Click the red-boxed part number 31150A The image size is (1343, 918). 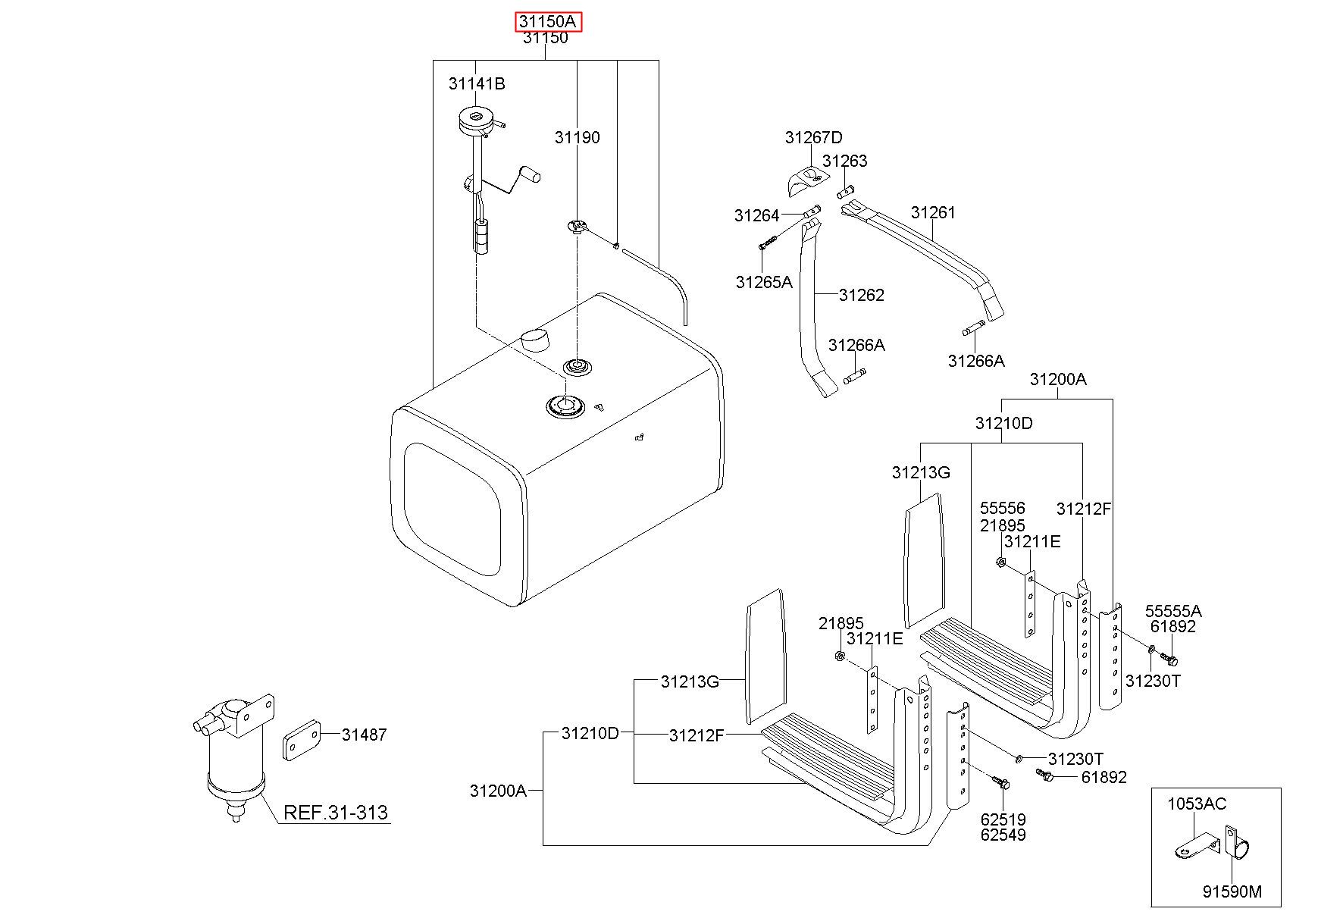point(549,22)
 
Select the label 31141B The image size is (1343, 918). point(477,83)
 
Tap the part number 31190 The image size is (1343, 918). point(577,137)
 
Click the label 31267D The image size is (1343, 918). point(813,137)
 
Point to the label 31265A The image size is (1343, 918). point(763,282)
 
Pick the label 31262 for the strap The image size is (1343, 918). point(862,295)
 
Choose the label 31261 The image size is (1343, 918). point(933,212)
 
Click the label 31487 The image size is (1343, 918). point(364,734)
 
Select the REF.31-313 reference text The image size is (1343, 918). point(335,813)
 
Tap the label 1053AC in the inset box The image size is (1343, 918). point(1196,804)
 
